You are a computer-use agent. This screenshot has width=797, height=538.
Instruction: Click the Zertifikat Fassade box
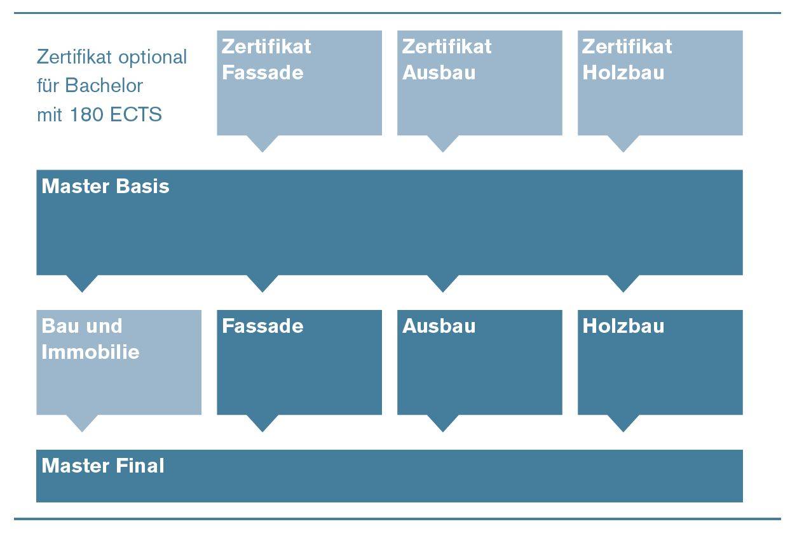point(299,83)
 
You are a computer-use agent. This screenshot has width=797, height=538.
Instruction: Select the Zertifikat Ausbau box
point(479,83)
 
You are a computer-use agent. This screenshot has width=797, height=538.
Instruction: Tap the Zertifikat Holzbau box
point(660,83)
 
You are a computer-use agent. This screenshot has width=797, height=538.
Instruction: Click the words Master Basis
point(106,187)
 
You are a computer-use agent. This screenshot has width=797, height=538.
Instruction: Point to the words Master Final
point(103,466)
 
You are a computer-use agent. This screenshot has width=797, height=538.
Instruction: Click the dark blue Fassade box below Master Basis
point(299,362)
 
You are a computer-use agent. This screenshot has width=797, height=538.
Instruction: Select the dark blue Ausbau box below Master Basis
point(479,362)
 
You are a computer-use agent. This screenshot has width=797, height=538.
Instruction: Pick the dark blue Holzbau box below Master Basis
point(660,362)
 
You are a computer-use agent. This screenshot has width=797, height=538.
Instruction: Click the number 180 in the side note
point(85,116)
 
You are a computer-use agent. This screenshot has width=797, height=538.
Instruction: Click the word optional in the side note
point(152,58)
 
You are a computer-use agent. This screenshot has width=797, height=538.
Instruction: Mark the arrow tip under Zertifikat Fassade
point(262,149)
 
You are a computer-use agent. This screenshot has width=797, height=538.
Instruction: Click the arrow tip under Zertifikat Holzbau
point(623,149)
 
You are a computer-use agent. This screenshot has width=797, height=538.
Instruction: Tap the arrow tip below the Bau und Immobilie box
point(82,428)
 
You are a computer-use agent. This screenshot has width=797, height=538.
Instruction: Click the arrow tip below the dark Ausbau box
point(442,428)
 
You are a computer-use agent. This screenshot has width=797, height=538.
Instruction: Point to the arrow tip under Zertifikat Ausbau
point(442,149)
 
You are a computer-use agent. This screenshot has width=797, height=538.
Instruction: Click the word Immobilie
point(90,353)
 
